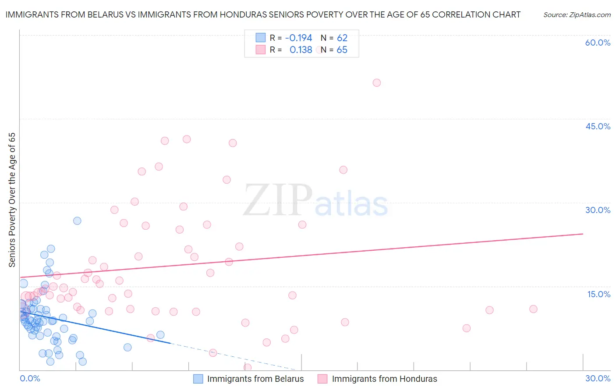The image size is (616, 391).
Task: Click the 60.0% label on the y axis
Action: (598, 43)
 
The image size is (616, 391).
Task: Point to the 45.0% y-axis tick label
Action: (598, 126)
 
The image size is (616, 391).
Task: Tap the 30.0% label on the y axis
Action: (598, 210)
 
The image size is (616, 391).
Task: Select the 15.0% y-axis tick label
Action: (598, 294)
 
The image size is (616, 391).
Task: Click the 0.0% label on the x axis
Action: (30, 378)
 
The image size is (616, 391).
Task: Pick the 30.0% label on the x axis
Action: (598, 378)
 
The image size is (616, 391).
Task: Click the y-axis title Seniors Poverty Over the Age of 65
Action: (12, 200)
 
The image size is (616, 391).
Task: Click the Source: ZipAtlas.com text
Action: (577, 15)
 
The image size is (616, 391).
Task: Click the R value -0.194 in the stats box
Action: (298, 38)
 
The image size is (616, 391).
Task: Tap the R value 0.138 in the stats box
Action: (301, 50)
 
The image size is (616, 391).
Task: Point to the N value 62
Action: (342, 38)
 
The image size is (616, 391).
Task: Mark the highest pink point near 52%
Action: (376, 82)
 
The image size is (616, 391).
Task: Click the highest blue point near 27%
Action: (77, 220)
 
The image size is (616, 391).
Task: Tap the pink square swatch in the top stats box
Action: (261, 50)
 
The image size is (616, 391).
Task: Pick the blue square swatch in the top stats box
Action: (261, 38)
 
